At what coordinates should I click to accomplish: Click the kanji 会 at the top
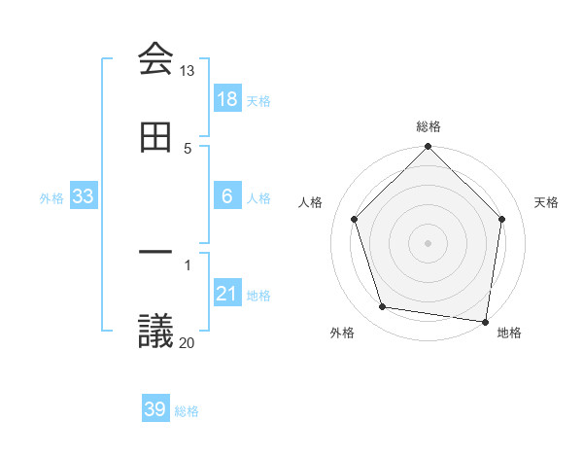155,58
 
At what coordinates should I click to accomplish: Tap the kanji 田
155,138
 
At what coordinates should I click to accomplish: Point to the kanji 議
155,331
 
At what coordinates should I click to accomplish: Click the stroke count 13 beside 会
188,71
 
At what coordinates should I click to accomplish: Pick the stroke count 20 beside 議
188,342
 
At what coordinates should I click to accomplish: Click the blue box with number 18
227,99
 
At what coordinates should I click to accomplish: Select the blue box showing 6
227,196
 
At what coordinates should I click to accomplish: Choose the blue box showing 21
227,294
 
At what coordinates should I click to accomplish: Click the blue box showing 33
84,196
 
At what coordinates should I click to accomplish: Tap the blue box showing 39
155,409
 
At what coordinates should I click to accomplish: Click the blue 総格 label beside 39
188,411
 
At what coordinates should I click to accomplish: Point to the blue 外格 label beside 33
51,198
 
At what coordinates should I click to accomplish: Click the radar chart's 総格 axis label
429,127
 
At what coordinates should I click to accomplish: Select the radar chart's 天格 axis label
546,202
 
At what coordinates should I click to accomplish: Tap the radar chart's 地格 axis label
509,333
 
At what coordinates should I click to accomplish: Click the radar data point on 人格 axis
355,219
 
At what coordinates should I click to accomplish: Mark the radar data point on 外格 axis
383,307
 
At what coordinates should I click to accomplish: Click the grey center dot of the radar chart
429,242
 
